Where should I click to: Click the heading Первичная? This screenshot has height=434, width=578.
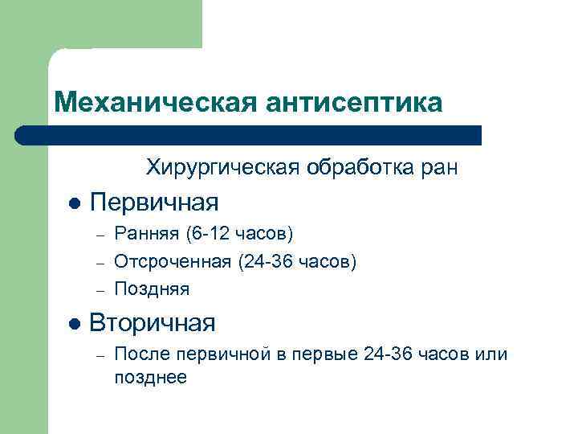[x=154, y=200]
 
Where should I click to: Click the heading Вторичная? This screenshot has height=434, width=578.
[x=153, y=323]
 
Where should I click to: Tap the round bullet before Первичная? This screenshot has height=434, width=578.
[x=74, y=202]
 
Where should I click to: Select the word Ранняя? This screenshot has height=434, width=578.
[x=147, y=234]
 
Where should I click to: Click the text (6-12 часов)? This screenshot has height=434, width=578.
[x=239, y=234]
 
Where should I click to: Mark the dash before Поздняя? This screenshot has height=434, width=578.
[x=97, y=288]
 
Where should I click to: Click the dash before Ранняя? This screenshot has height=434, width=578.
[x=97, y=235]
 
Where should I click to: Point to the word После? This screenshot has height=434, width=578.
[x=138, y=354]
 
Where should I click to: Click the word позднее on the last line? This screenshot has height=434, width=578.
[x=150, y=377]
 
